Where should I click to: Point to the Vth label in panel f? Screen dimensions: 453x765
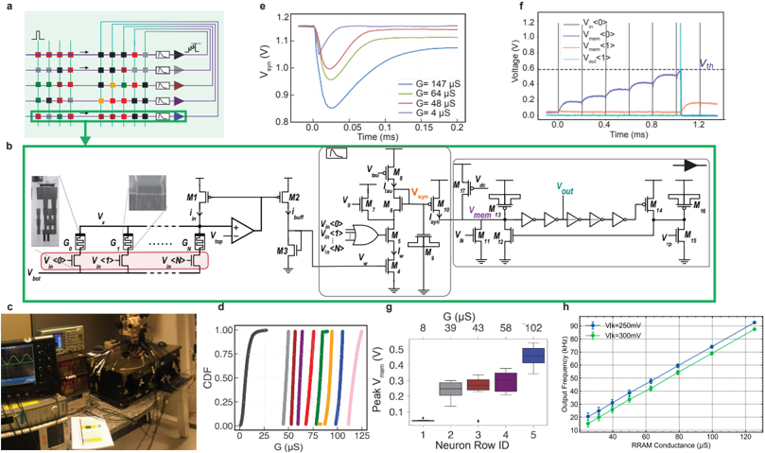(x=706, y=63)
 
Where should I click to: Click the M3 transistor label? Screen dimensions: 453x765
(x=281, y=248)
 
